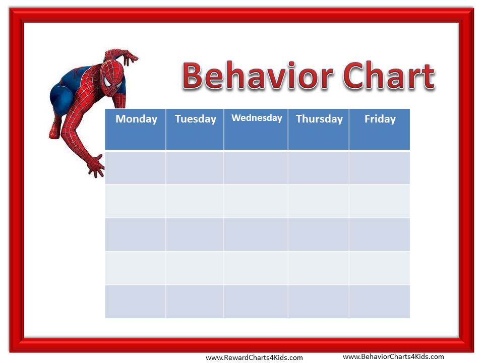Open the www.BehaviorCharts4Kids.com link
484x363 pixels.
pyautogui.click(x=393, y=357)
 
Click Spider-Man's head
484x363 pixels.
pyautogui.click(x=112, y=78)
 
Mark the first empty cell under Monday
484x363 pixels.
pyautogui.click(x=135, y=167)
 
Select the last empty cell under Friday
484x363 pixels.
pyautogui.click(x=380, y=301)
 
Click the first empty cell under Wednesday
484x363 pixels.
pyautogui.click(x=256, y=167)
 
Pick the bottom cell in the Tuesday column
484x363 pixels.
pyautogui.click(x=195, y=301)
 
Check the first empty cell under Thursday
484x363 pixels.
pyautogui.click(x=319, y=167)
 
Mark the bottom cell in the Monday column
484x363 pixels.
pyautogui.click(x=135, y=301)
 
